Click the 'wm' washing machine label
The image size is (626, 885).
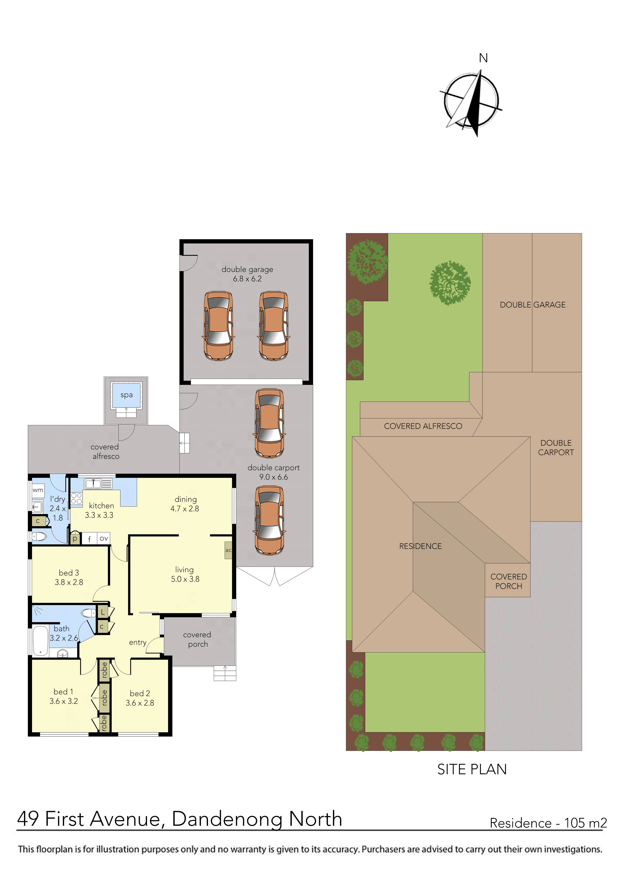[38, 490]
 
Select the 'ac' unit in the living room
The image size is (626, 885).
[228, 550]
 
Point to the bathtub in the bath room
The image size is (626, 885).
[40, 641]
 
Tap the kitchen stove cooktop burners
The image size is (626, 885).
[76, 499]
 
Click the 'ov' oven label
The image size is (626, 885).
[103, 538]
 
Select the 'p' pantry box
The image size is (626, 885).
[75, 538]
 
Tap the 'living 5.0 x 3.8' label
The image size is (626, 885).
[185, 574]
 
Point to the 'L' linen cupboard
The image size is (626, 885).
[102, 612]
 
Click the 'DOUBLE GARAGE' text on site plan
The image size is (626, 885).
[532, 305]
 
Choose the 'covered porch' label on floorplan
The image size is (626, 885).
[197, 640]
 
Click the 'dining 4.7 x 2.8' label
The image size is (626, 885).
[185, 504]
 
